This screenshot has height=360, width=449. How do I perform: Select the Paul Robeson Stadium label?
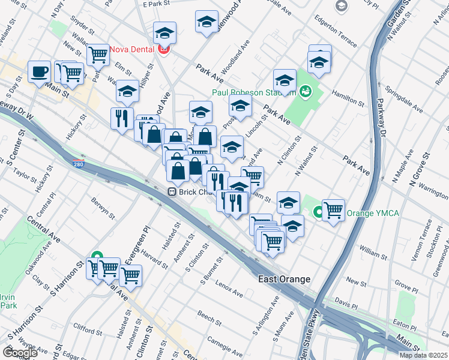click(x=254, y=93)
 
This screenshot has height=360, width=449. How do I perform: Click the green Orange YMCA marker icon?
click(x=318, y=212)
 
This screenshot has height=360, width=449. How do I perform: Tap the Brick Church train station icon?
click(x=172, y=192)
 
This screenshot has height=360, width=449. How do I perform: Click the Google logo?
click(x=20, y=353)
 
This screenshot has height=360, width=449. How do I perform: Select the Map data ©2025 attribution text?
click(x=423, y=355)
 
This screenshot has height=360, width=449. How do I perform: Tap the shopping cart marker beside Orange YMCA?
click(x=333, y=209)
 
